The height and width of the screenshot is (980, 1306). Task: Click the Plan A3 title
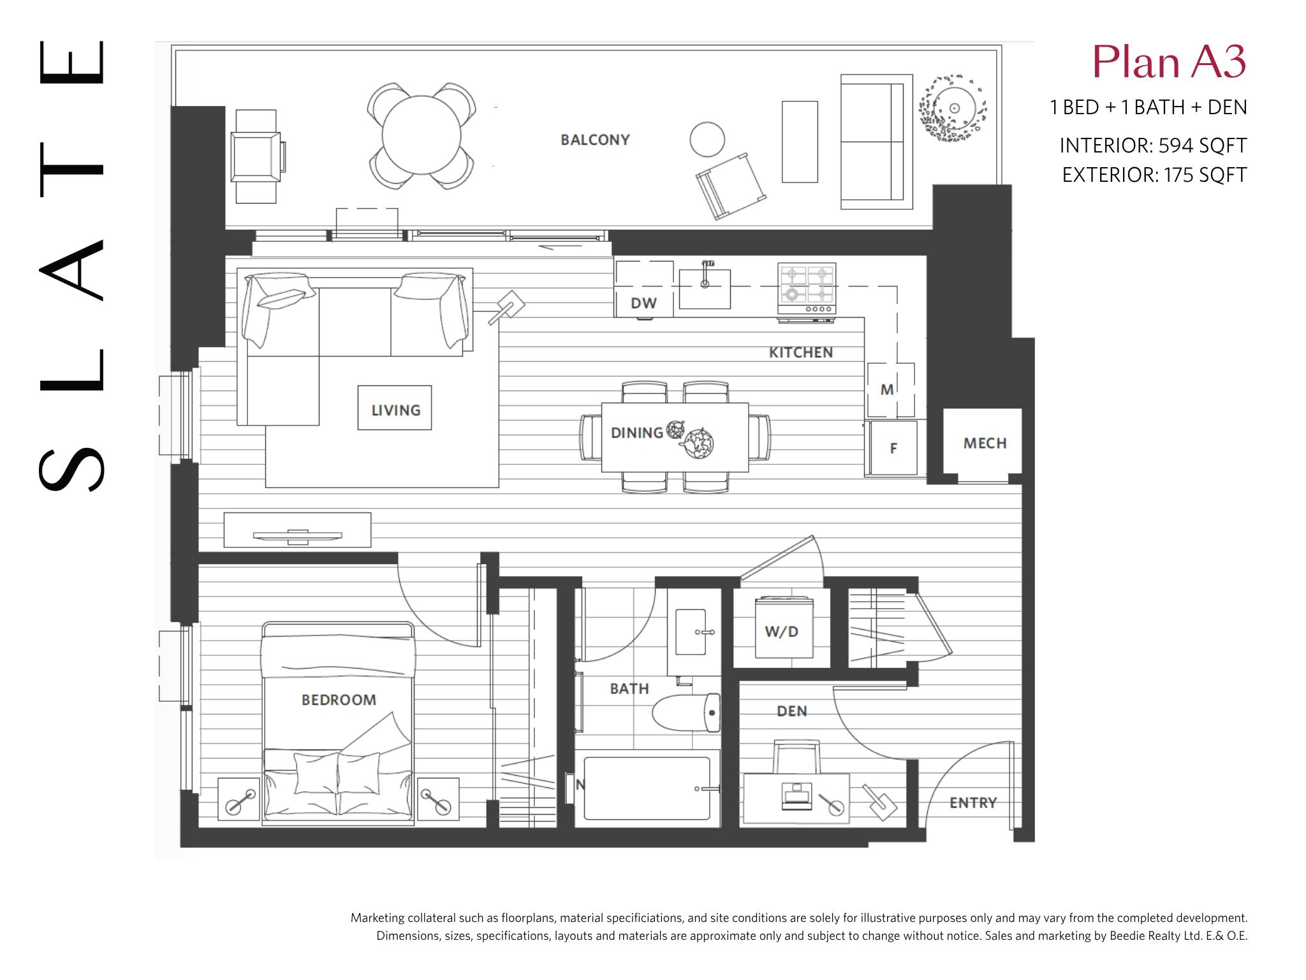[1170, 63]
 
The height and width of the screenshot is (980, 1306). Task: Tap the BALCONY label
[595, 140]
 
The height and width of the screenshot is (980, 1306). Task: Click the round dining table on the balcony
[421, 135]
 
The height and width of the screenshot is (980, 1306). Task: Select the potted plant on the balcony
[953, 108]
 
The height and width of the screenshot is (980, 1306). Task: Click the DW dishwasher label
[643, 303]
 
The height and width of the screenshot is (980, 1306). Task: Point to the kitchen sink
[705, 288]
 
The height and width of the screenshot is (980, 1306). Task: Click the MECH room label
[985, 443]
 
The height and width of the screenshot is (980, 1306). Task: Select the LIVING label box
[395, 408]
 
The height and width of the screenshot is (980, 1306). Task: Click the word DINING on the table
[636, 433]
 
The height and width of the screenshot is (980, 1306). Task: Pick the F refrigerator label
[893, 449]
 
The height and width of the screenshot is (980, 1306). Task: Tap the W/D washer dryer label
[782, 632]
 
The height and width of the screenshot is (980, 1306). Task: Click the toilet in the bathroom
[687, 713]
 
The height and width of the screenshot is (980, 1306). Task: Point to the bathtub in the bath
[647, 789]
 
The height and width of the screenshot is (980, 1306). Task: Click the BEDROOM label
[339, 700]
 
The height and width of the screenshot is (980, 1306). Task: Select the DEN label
[791, 711]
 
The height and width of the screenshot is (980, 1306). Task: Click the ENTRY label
[973, 803]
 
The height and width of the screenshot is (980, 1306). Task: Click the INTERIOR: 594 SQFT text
[1153, 145]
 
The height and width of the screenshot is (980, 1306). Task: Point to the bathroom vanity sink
[690, 632]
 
